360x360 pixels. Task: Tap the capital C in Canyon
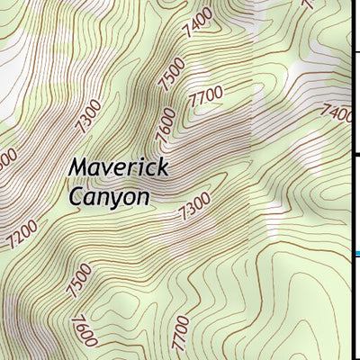pos(76,194)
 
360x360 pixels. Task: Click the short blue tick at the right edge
pos(355,255)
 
